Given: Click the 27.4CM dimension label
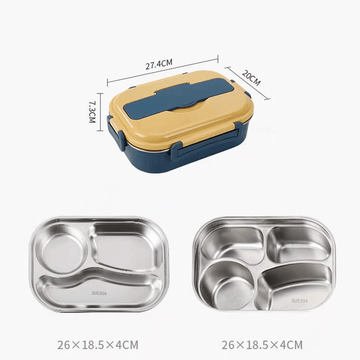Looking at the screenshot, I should pos(158,63).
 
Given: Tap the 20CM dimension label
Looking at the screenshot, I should pos(251,78).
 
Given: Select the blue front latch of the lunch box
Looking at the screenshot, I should pos(176,149).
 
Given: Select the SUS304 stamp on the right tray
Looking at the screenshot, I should pos(300,300).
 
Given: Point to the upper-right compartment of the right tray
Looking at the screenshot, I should pos(298,243).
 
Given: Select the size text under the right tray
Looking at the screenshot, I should pos(262,344).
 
